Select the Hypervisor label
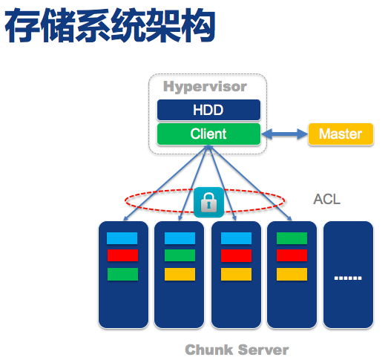click(205, 87)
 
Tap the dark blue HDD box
click(208, 111)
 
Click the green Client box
click(208, 134)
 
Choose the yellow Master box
click(341, 134)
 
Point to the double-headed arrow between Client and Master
click(284, 134)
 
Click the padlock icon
click(208, 200)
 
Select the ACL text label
click(326, 200)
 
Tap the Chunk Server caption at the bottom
click(237, 349)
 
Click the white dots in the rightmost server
click(347, 278)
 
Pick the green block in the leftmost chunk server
click(122, 274)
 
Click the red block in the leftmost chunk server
click(122, 256)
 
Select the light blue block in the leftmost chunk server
click(122, 238)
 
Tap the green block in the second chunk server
click(180, 256)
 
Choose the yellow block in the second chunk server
click(180, 274)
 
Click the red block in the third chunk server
click(236, 256)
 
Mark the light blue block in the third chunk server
click(236, 238)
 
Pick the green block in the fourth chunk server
click(292, 238)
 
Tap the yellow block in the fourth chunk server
click(292, 274)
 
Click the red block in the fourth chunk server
click(292, 256)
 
